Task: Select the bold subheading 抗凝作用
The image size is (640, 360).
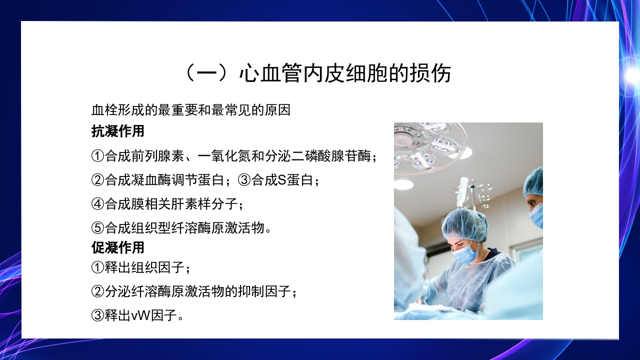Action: pyautogui.click(x=118, y=131)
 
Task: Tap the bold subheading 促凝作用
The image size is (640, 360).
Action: pyautogui.click(x=118, y=247)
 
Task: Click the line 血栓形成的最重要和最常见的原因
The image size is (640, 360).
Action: pyautogui.click(x=190, y=110)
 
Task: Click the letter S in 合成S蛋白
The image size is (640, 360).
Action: pyautogui.click(x=281, y=180)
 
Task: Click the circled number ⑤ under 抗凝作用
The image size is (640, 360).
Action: pyautogui.click(x=98, y=228)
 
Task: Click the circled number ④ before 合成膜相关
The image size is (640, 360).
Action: pyautogui.click(x=98, y=204)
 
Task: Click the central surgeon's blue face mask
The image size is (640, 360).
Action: pyautogui.click(x=466, y=253)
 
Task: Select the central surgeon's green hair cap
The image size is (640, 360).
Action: pyautogui.click(x=464, y=224)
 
